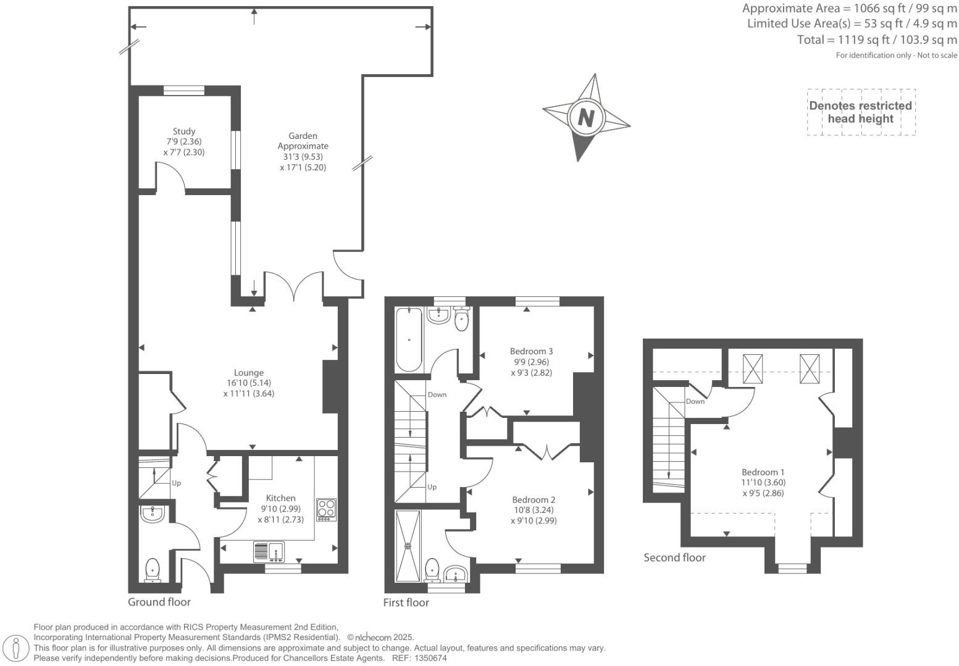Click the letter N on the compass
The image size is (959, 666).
pos(586,117)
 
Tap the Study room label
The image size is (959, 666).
pos(184,131)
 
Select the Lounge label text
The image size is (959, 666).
pos(249,372)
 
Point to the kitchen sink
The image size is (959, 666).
pos(268,551)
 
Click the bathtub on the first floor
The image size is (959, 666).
pos(408,339)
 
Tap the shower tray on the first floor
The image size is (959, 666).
pos(408,546)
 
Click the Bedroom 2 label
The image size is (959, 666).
pos(534,499)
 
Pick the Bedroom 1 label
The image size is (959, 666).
pos(763,472)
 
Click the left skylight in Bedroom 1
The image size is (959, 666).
pos(753,369)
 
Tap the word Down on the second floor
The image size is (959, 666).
pos(695,401)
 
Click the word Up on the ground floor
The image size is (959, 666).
pos(177,483)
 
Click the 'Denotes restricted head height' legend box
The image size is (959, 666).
pos(861,112)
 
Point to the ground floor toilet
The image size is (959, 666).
pos(153,569)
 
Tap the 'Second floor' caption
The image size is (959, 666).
pos(674,557)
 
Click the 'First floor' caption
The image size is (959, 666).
pos(406,602)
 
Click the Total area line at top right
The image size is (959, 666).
pos(877,40)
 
